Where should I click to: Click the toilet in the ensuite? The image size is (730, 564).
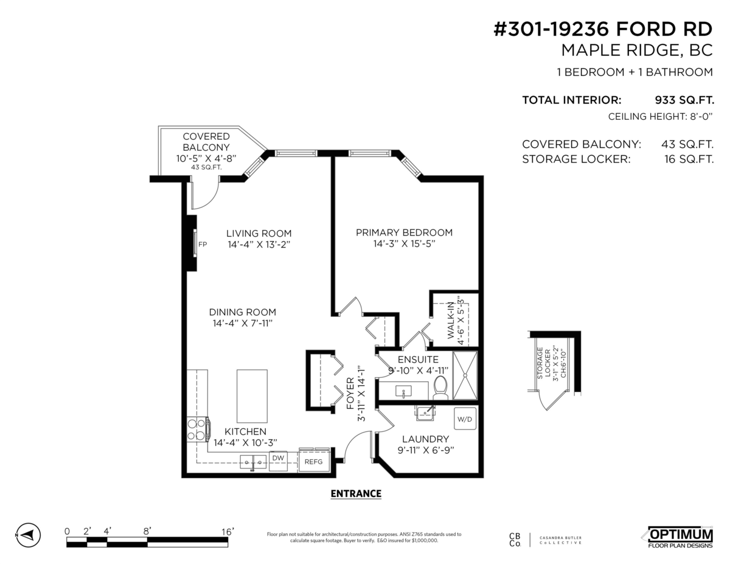[x=441, y=388]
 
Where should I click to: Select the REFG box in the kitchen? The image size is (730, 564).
[x=313, y=462]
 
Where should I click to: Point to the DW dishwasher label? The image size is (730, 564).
[x=278, y=458]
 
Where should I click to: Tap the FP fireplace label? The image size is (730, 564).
[x=203, y=245]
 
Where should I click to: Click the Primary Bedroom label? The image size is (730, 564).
[x=404, y=232]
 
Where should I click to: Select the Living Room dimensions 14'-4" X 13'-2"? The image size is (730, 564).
[x=259, y=245]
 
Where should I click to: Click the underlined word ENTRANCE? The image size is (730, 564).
[x=355, y=493]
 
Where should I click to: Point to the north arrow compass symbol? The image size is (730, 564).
[x=27, y=535]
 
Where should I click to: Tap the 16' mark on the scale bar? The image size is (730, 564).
[x=228, y=532]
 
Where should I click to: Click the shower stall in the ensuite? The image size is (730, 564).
[x=465, y=375]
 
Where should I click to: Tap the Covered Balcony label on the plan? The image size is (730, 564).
[x=206, y=142]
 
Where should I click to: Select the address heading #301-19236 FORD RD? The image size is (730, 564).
[x=602, y=31]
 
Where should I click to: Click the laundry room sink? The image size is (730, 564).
[x=425, y=413]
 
